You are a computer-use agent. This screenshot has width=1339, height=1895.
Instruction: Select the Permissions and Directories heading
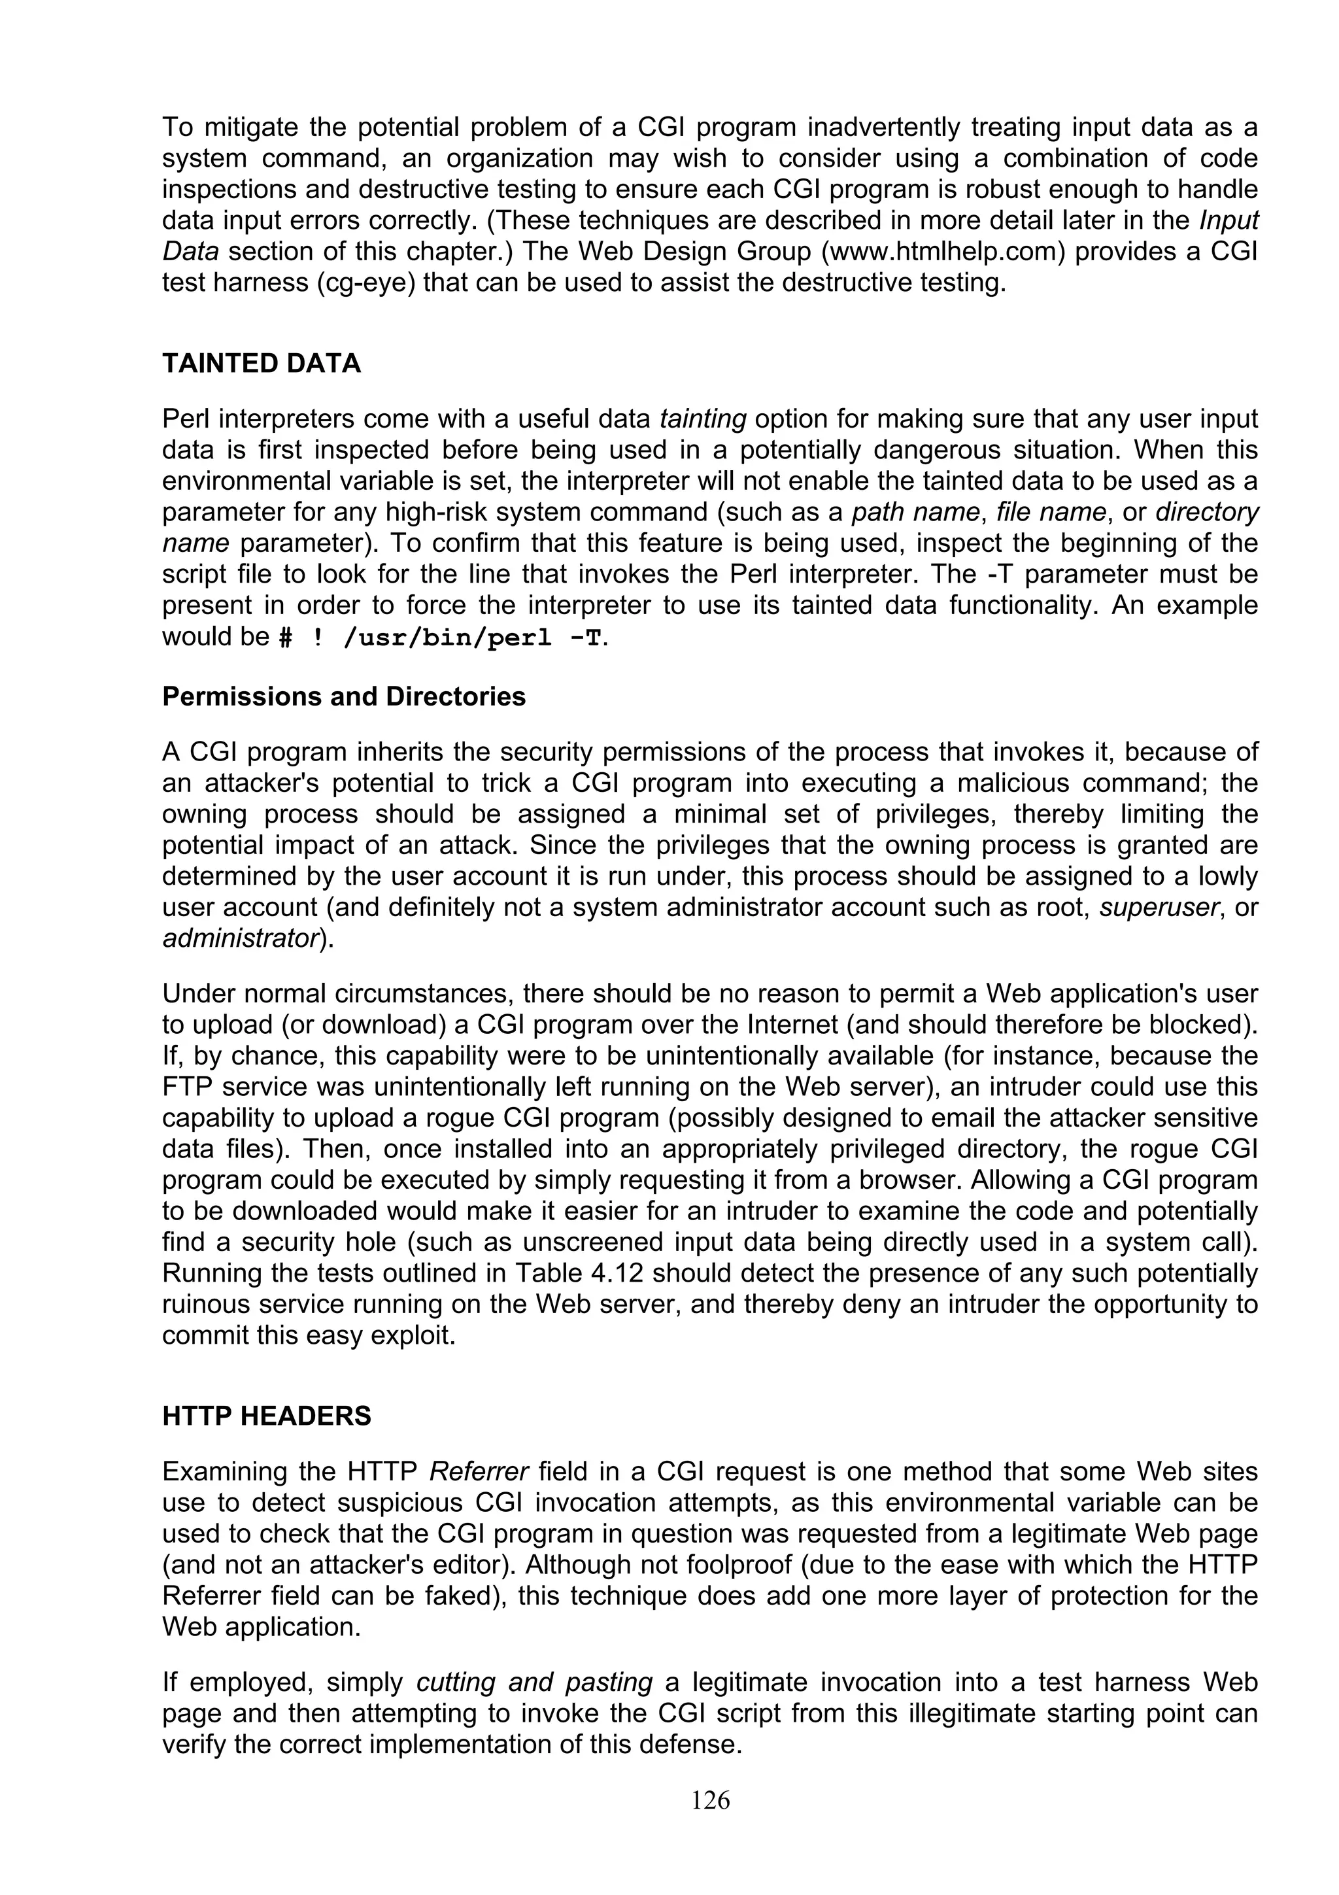pos(343,696)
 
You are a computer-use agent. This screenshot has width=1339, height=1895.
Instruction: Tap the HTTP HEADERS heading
pos(267,1416)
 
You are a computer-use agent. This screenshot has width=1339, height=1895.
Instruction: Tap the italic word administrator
pos(240,939)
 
